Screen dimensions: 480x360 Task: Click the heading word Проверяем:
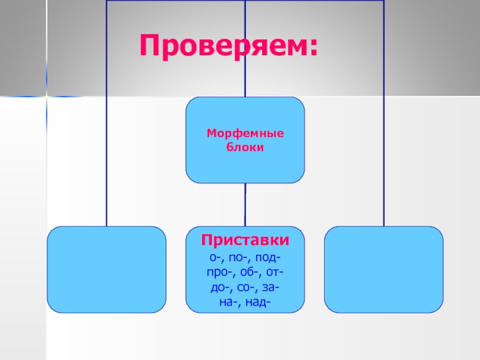228,47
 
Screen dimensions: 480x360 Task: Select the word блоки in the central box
245,146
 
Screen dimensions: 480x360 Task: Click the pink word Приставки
245,241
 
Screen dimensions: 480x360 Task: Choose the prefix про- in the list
217,273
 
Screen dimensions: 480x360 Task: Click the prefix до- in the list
220,288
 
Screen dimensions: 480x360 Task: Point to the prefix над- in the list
258,303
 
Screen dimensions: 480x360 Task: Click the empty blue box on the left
107,269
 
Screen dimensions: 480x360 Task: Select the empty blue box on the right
383,269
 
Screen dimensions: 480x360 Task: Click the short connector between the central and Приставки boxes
245,204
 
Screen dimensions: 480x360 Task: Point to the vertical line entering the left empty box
107,180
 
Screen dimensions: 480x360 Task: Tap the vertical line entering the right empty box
383,180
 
